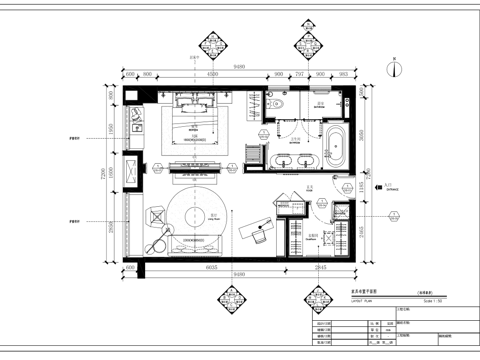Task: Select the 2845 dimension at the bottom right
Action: (321, 268)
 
